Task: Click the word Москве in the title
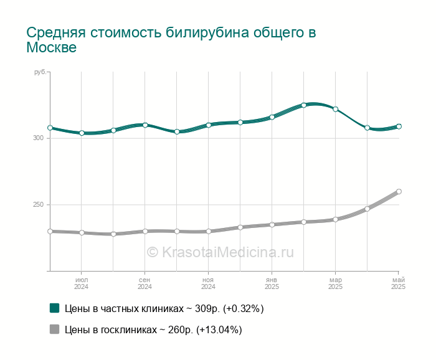(x=52, y=47)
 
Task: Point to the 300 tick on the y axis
(x=39, y=138)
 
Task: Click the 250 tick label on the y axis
(x=39, y=205)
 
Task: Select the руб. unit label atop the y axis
(x=40, y=72)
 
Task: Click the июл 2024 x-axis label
(x=82, y=283)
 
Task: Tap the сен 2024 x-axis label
(x=145, y=283)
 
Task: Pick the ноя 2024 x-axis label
(x=208, y=283)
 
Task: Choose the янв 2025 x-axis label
(x=272, y=283)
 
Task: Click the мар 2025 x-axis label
(x=335, y=283)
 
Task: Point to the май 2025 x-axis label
(x=399, y=283)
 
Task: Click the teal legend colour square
(x=55, y=308)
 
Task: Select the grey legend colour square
(x=55, y=329)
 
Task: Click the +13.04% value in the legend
(x=219, y=329)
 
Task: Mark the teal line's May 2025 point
(x=399, y=126)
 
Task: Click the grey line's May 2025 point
(x=399, y=192)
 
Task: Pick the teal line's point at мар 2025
(x=335, y=109)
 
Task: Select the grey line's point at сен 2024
(x=145, y=231)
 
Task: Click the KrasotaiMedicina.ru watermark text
(x=227, y=252)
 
